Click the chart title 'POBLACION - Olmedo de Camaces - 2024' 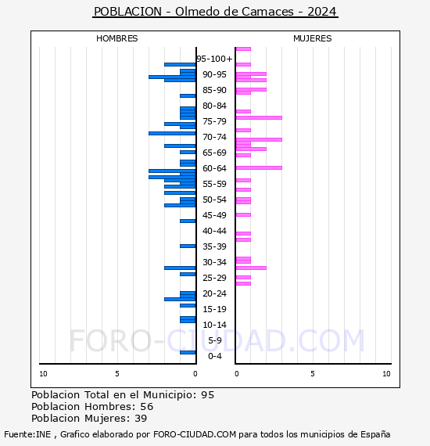tap(215, 12)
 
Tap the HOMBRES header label tap(116, 38)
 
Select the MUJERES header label tap(312, 38)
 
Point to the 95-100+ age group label tap(214, 59)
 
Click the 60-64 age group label tap(214, 168)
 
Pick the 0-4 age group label tap(215, 356)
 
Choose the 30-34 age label tap(214, 262)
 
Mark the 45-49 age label tap(214, 215)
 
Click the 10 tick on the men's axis tap(43, 374)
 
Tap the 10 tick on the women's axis tap(386, 374)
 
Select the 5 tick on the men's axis tap(116, 374)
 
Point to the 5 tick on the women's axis tap(312, 374)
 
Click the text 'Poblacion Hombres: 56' tap(92, 407)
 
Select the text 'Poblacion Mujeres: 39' tap(89, 419)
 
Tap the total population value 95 tap(207, 395)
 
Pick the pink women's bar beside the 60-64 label tap(259, 167)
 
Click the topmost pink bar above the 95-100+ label tap(243, 49)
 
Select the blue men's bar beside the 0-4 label tap(188, 352)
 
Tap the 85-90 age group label tap(214, 90)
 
